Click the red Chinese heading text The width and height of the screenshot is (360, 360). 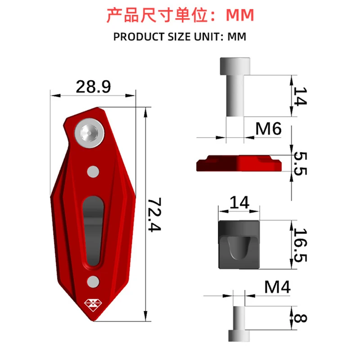(180, 15)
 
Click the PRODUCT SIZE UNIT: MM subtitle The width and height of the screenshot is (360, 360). (180, 37)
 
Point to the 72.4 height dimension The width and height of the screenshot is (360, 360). (156, 214)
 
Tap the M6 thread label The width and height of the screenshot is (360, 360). (268, 129)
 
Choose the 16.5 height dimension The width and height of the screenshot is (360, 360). (301, 245)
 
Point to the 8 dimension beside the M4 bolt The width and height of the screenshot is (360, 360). (301, 319)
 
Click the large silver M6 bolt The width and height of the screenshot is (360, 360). (234, 85)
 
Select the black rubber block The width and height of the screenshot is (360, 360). (239, 245)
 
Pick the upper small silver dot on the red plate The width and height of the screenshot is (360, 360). (93, 172)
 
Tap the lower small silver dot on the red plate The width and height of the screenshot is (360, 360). (93, 281)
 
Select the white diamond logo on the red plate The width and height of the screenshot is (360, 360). (93, 306)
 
